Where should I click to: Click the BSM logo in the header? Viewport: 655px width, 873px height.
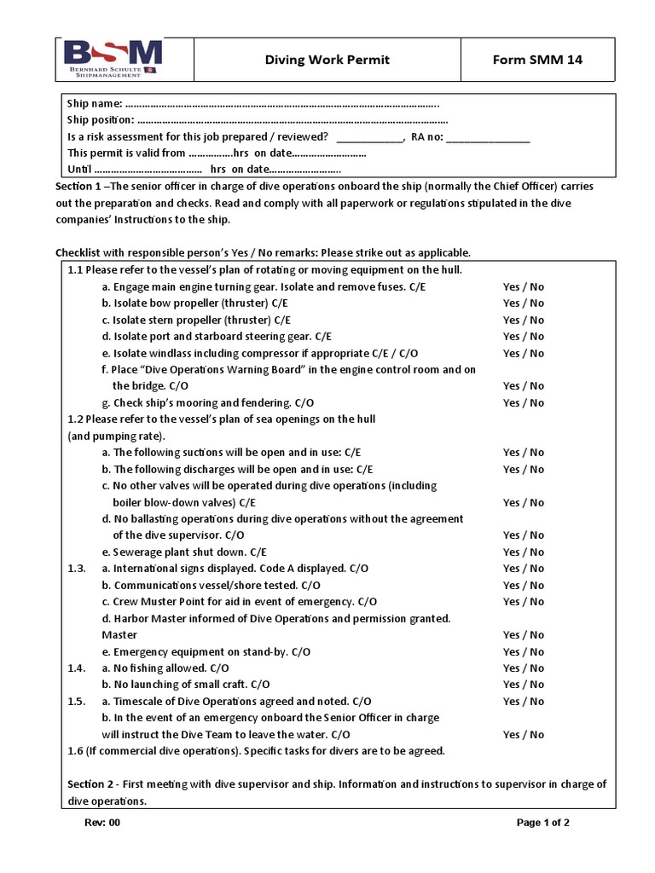[x=113, y=59]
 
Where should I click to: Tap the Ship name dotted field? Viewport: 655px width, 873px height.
[x=281, y=104]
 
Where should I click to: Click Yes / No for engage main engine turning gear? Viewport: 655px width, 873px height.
[x=523, y=286]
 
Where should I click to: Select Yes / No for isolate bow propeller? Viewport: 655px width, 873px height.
[x=523, y=304]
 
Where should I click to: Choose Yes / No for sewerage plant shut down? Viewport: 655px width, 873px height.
[x=523, y=552]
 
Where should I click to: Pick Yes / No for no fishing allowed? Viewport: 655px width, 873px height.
[x=523, y=668]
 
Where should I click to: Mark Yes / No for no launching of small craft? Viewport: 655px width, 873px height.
[x=523, y=685]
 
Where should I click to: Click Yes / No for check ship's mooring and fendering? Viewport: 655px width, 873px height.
[x=523, y=402]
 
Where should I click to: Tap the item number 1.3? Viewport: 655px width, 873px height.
[x=78, y=569]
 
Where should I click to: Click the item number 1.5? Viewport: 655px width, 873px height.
[x=78, y=701]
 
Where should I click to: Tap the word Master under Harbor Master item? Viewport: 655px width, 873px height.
[x=119, y=635]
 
